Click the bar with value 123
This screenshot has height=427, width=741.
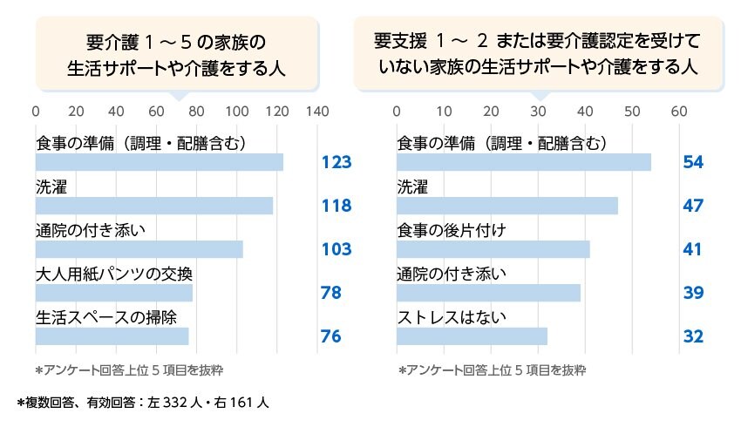click(160, 162)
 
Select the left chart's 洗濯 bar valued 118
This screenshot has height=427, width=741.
click(154, 206)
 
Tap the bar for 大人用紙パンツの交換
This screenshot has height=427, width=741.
click(114, 293)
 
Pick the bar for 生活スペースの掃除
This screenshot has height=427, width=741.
click(112, 336)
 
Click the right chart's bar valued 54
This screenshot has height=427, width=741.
click(524, 162)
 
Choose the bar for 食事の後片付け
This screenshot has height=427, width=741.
click(493, 249)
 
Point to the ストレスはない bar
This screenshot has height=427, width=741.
click(472, 336)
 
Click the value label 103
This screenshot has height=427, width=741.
click(336, 250)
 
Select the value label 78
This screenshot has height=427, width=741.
click(331, 294)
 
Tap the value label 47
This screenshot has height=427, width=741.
click(694, 207)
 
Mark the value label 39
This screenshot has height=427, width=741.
click(694, 294)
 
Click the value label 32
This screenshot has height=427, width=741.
click(694, 337)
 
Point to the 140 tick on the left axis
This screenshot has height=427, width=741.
click(318, 112)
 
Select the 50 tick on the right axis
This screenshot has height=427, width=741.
click(632, 112)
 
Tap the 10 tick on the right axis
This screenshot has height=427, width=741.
click(444, 112)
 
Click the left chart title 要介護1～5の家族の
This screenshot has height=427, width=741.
click(175, 41)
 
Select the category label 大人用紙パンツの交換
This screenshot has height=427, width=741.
click(114, 273)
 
